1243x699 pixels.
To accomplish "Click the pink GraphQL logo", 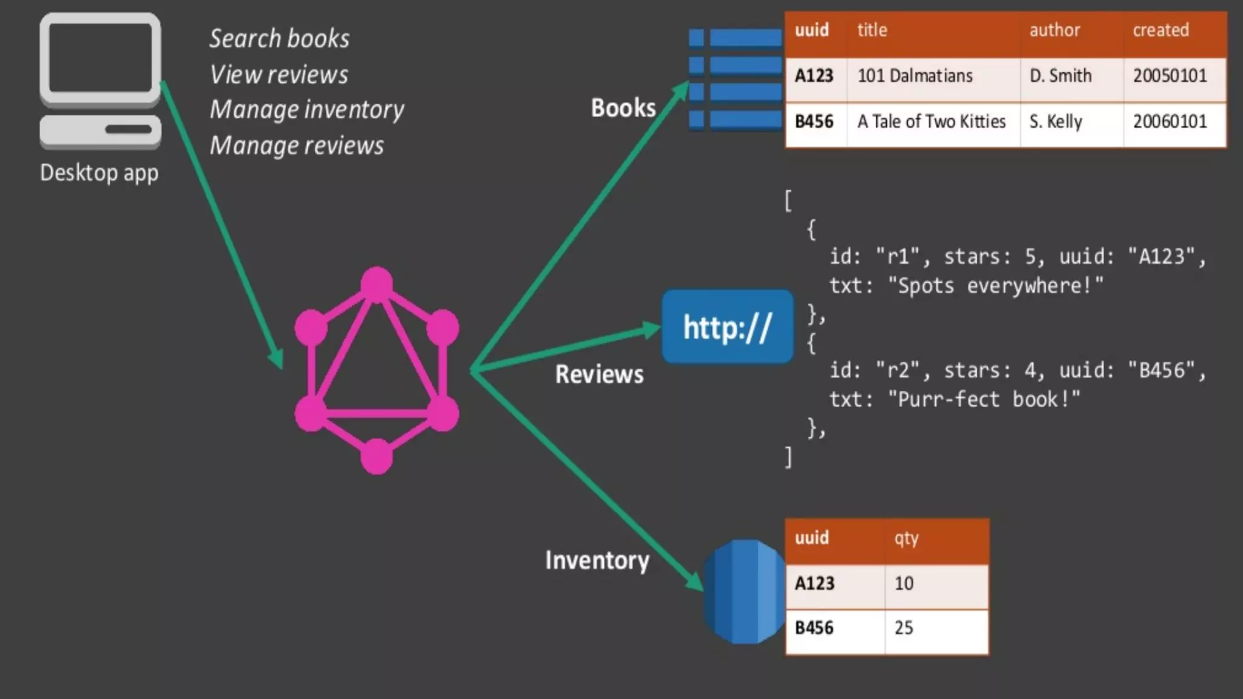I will point(376,370).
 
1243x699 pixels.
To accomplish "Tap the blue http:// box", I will point(727,327).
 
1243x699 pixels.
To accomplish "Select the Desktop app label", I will point(99,173).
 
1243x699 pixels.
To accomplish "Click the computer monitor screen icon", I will point(100,59).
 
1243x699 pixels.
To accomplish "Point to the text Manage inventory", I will point(307,110).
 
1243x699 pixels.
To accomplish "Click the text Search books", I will point(279,39).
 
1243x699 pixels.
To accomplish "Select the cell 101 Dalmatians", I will point(915,76).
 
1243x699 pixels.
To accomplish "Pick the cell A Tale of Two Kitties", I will point(931,121).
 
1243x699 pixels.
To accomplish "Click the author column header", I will point(1054,30).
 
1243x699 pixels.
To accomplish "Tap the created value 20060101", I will point(1170,121).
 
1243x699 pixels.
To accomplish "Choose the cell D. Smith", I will point(1060,76).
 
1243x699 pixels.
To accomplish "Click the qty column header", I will point(906,538).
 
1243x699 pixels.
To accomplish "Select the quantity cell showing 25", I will point(904,628).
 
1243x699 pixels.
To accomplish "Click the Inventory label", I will point(597,560).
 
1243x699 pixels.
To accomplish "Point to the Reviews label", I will point(599,374).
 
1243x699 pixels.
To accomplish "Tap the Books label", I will point(623,108).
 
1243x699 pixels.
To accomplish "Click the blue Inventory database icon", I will point(744,591).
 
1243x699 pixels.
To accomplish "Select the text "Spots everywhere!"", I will point(995,286).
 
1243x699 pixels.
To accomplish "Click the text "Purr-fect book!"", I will point(984,399).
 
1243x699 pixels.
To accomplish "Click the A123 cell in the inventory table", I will point(815,584).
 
